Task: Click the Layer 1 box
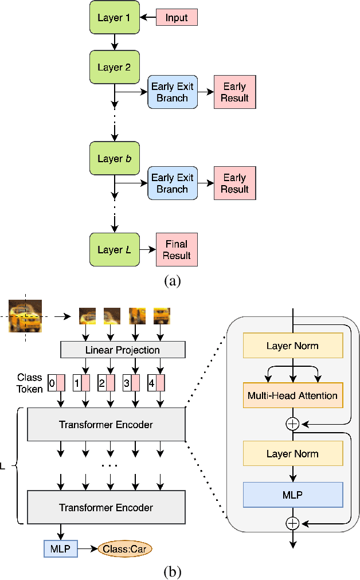tap(114, 18)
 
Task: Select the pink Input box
tap(177, 18)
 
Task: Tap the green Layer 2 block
tap(114, 68)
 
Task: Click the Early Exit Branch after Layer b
tap(173, 183)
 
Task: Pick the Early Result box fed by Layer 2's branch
tap(234, 92)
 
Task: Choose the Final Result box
tap(177, 250)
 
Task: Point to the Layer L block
tap(114, 250)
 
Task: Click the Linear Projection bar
tap(123, 350)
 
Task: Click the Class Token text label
tap(30, 383)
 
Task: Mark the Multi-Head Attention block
tap(292, 395)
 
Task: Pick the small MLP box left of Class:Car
tap(59, 549)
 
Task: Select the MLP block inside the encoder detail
tap(292, 495)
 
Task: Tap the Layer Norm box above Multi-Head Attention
tap(292, 346)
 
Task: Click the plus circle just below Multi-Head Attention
tap(293, 424)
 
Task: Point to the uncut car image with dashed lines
tap(25, 316)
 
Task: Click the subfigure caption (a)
tap(173, 281)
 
